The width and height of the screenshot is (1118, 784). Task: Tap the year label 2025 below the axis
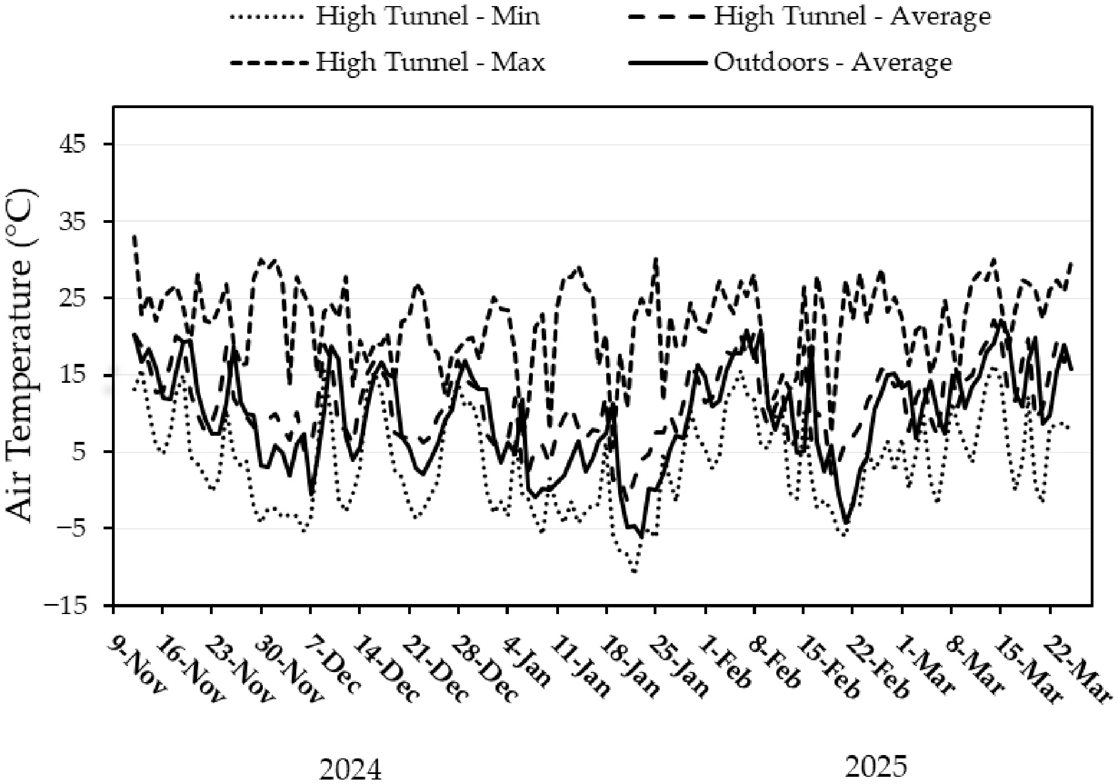coord(876,766)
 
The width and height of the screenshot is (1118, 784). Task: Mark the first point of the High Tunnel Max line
coord(134,236)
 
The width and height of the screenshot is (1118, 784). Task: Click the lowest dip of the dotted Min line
coord(634,572)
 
